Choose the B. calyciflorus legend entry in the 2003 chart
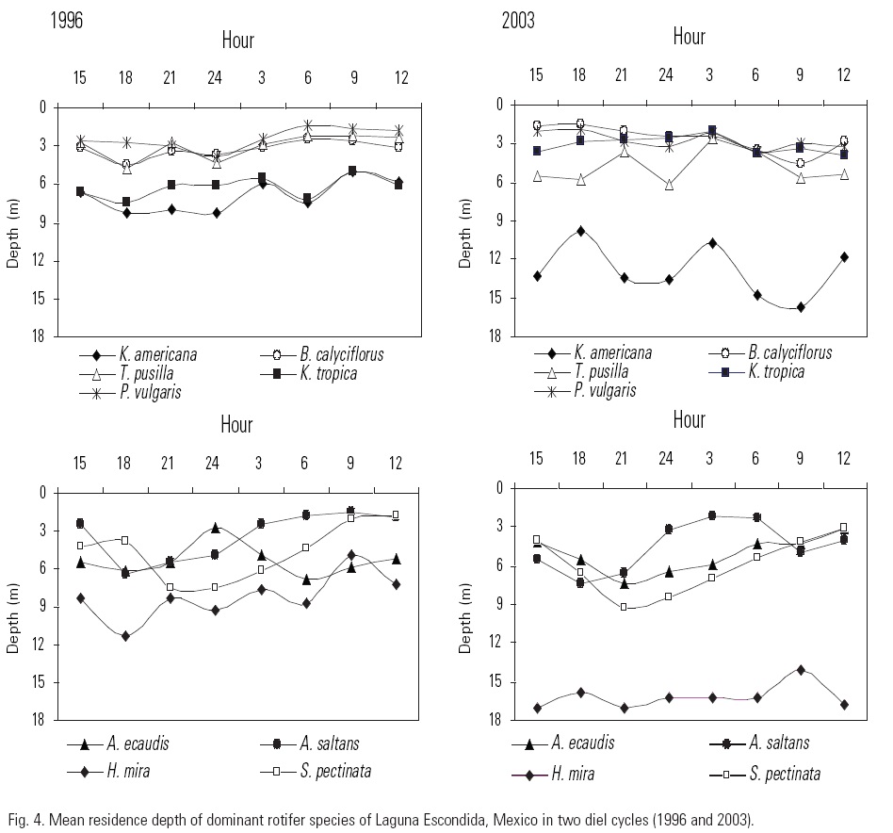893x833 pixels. pos(790,353)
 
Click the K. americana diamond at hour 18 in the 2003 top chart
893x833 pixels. pos(581,231)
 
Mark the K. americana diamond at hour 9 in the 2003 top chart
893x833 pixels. pos(801,307)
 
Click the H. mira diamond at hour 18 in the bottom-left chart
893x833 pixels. pos(125,636)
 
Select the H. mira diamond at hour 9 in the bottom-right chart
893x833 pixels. pos(801,670)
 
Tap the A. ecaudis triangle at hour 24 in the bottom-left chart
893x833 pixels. pos(215,528)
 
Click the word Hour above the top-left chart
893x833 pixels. pos(237,40)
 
